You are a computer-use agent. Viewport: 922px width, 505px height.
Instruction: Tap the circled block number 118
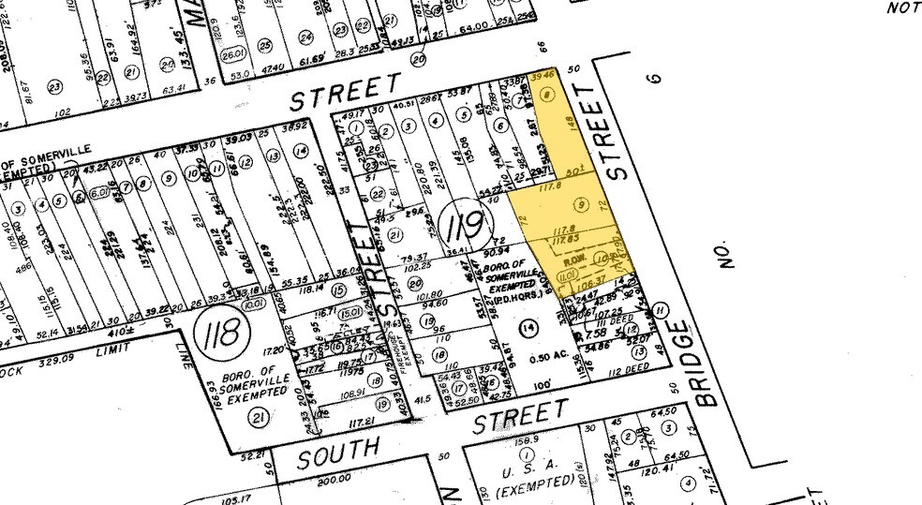(x=224, y=332)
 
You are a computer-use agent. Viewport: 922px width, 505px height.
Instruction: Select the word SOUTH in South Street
(x=340, y=453)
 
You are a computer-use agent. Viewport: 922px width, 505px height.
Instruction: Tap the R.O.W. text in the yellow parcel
(x=573, y=259)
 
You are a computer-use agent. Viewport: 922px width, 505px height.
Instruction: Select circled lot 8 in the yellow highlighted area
(x=546, y=95)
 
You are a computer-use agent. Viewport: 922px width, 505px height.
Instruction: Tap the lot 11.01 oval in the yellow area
(x=565, y=277)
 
